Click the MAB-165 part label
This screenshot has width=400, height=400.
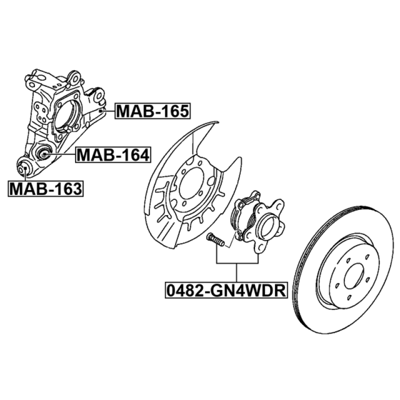(153, 111)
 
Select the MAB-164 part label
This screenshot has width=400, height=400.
(113, 155)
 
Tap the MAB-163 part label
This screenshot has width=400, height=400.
(45, 189)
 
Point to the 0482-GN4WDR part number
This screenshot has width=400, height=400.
(226, 290)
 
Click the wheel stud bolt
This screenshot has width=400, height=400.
(215, 240)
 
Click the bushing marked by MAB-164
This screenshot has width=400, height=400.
(43, 154)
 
